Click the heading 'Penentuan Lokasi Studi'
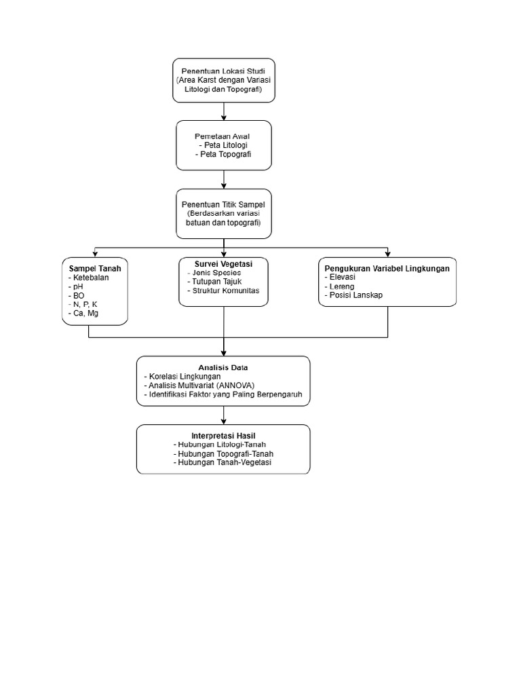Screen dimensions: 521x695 [223, 71]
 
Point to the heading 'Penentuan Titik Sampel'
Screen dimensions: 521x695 [223, 205]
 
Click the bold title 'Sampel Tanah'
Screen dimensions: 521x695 [95, 269]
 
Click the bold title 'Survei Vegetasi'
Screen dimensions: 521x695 [223, 264]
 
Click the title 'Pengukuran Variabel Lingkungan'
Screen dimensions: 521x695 [387, 269]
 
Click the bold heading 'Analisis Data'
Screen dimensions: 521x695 [223, 367]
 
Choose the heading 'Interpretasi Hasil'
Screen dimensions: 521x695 [223, 436]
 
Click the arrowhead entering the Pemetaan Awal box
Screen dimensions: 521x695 [224, 118]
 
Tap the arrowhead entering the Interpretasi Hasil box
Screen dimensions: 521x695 [224, 421]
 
